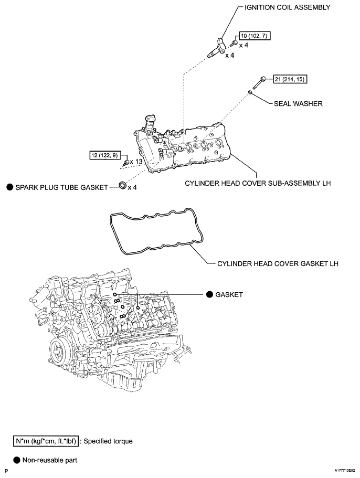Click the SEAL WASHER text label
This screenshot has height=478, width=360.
click(x=298, y=104)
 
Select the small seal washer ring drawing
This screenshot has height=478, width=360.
click(x=251, y=93)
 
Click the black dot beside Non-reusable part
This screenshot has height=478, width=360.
click(x=17, y=460)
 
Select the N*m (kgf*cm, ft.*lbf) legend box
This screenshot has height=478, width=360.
click(x=46, y=441)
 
